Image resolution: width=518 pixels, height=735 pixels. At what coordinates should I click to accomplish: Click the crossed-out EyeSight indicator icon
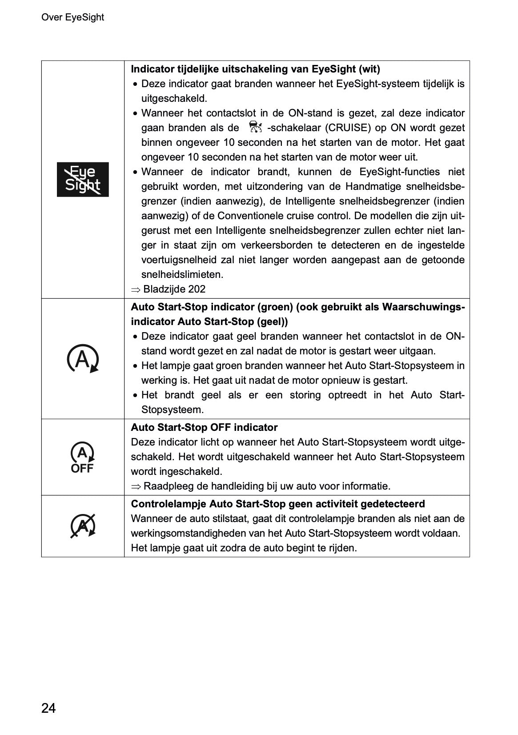pyautogui.click(x=83, y=180)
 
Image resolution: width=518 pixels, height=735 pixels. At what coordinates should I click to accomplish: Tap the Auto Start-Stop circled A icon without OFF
pyautogui.click(x=82, y=359)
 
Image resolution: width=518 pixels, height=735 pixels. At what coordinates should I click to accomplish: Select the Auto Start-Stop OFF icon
pyautogui.click(x=82, y=458)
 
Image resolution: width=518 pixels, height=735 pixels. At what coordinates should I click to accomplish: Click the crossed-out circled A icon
pyautogui.click(x=83, y=526)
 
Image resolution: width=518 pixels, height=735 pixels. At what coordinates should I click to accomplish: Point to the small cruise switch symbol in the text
pyautogui.click(x=254, y=128)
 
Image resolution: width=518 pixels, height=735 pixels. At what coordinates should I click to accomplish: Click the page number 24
pyautogui.click(x=48, y=708)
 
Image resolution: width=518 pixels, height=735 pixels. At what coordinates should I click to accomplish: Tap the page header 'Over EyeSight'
pyautogui.click(x=72, y=17)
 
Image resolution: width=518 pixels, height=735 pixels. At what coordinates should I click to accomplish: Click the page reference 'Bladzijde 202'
pyautogui.click(x=174, y=289)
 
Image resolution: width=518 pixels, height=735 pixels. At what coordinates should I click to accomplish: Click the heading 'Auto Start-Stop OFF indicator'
pyautogui.click(x=204, y=427)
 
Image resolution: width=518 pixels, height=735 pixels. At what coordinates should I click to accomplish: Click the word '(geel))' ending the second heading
pyautogui.click(x=272, y=321)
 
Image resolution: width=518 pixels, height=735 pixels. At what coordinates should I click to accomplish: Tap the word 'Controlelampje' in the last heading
pyautogui.click(x=169, y=504)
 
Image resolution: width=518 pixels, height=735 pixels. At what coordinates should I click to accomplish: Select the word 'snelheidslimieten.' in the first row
pyautogui.click(x=182, y=274)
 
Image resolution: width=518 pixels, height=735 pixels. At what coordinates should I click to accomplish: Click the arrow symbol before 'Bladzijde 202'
pyautogui.click(x=135, y=289)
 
